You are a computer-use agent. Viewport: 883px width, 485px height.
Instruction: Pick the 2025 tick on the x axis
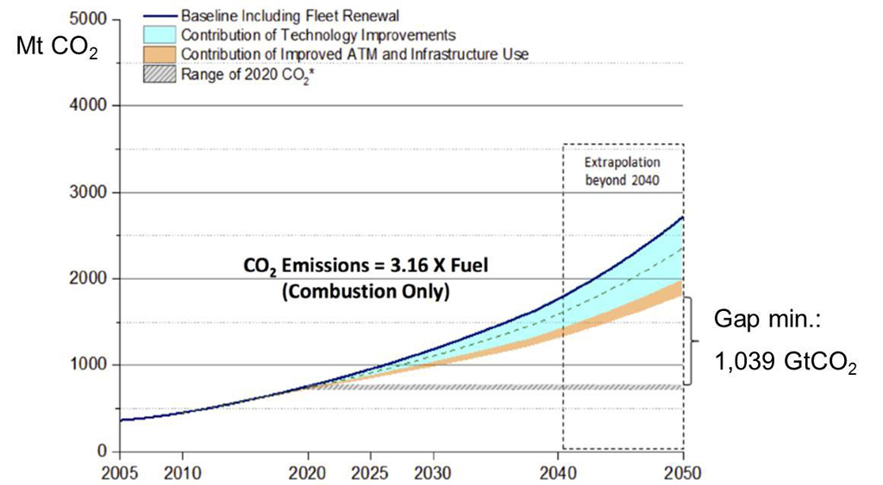tap(370, 473)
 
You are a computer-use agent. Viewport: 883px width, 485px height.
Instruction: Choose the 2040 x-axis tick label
tap(559, 473)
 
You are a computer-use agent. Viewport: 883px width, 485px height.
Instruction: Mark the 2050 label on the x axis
tap(683, 473)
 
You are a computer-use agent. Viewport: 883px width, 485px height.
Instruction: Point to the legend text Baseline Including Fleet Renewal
tap(290, 16)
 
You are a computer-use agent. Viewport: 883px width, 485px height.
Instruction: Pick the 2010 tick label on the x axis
tap(182, 473)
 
